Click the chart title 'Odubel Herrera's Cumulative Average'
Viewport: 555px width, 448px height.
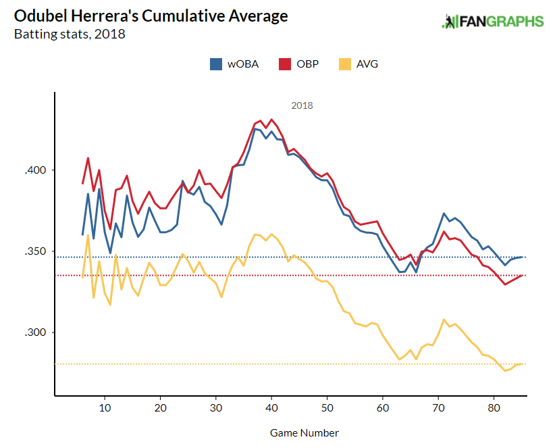[x=151, y=16]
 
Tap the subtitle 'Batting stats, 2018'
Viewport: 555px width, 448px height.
[x=70, y=34]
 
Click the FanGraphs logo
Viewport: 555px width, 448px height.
[x=492, y=21]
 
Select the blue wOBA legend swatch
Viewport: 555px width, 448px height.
[x=216, y=64]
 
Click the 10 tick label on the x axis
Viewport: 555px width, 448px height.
[x=105, y=408]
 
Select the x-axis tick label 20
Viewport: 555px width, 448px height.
[x=160, y=408]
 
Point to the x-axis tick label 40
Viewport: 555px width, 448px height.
[x=271, y=408]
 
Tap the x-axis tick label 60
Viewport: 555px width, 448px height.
[x=383, y=408]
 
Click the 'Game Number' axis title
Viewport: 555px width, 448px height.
[x=305, y=432]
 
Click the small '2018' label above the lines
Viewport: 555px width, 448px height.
[x=302, y=105]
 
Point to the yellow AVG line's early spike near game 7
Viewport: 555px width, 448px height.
[x=88, y=235]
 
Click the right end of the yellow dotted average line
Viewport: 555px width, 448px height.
[x=524, y=364]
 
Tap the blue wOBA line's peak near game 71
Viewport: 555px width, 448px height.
[x=444, y=214]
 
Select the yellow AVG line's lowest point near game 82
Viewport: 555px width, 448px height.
[x=505, y=371]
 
